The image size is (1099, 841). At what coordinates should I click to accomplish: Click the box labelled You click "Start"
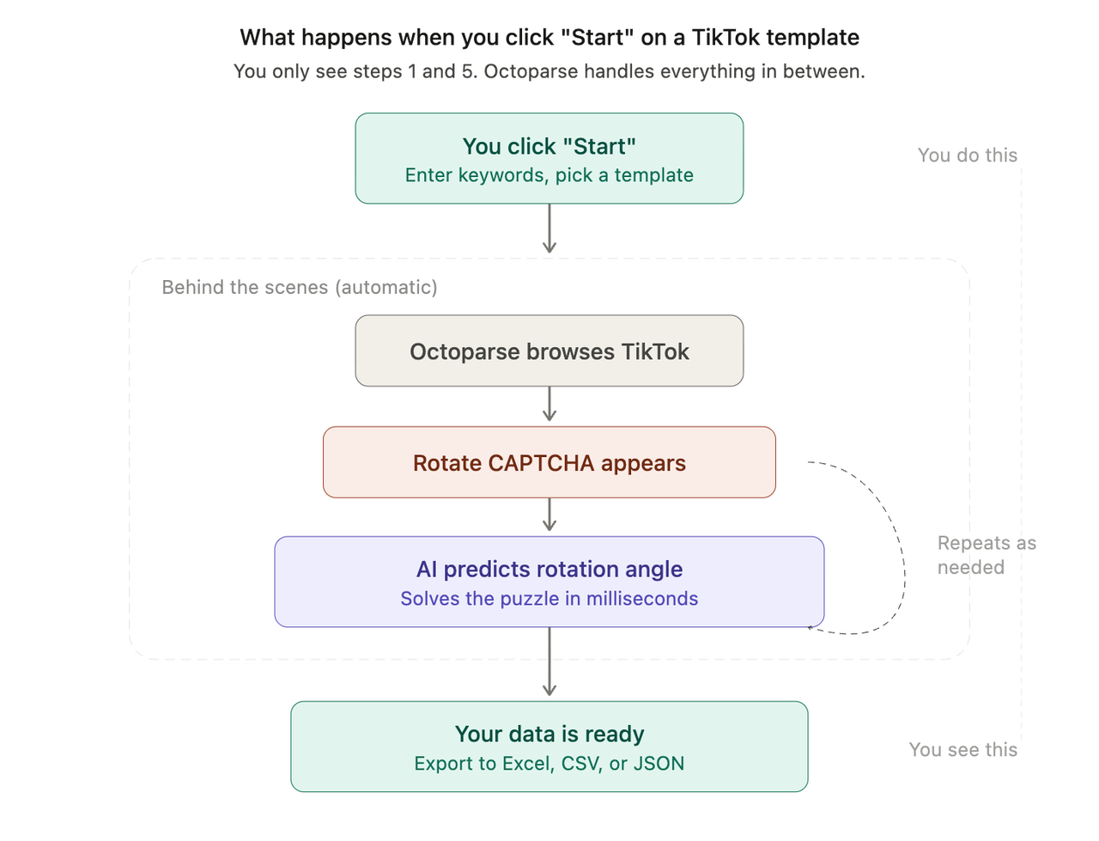pos(549,158)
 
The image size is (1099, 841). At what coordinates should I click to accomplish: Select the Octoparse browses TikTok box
pos(549,350)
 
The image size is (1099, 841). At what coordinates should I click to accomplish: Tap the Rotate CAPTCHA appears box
pos(549,462)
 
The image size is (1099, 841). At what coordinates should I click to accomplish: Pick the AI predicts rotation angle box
pos(549,582)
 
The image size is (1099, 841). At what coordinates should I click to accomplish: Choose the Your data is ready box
pos(549,746)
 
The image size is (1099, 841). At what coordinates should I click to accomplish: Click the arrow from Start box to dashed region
pos(549,229)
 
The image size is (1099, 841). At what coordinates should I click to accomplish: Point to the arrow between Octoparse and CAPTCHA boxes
pos(549,405)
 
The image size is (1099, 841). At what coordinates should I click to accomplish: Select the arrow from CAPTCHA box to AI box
pos(549,516)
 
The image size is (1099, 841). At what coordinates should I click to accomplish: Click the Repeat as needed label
pos(987,555)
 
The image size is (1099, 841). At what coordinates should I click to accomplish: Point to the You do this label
pos(967,155)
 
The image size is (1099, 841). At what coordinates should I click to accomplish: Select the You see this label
pos(962,750)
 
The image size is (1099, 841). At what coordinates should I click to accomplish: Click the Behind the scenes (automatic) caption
pos(301,288)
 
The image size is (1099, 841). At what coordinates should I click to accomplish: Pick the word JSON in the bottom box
pos(659,764)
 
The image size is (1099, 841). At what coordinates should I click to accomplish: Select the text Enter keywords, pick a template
pos(549,175)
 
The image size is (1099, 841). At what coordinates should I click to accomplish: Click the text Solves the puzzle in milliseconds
pos(549,599)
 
